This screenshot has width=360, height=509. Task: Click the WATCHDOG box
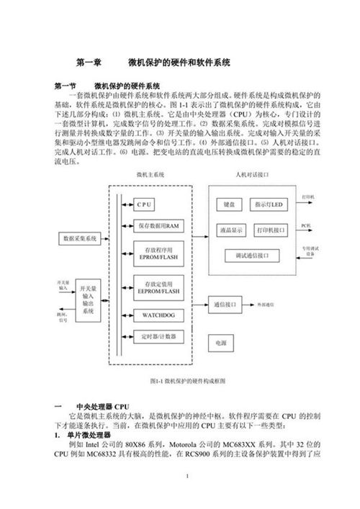(x=157, y=315)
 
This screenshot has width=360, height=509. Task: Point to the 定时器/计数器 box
(x=157, y=335)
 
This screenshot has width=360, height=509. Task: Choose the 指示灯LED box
(x=270, y=204)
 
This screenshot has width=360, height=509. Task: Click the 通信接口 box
(x=225, y=305)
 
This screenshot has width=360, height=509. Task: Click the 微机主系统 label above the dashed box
(x=150, y=175)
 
